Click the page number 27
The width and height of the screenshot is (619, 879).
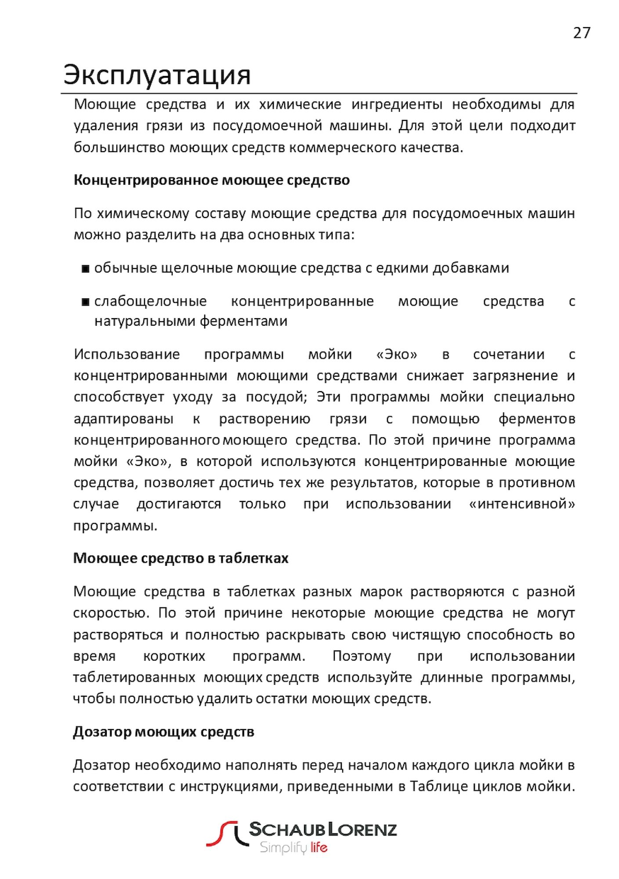point(581,33)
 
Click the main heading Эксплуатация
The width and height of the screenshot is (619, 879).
point(157,75)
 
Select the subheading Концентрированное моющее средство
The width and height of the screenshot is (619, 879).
point(211,180)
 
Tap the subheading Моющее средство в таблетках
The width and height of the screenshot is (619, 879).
point(181,558)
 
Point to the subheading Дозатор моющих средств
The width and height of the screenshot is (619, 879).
point(163,732)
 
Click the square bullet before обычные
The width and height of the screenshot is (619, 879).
point(86,269)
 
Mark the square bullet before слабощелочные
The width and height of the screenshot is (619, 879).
point(86,302)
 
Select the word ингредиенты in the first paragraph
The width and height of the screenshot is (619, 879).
point(397,105)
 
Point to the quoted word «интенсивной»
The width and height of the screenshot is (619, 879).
point(521,504)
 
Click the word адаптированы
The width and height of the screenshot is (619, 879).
point(123,419)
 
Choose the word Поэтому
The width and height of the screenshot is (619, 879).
point(361,656)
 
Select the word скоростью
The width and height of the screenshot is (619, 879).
point(111,613)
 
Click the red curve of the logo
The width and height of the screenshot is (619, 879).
point(221,834)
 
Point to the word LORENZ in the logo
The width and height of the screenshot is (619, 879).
point(362,829)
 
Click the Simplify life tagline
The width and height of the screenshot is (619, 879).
point(293,847)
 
